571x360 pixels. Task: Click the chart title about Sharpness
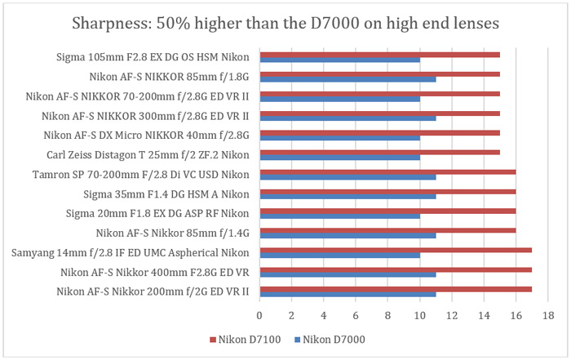(285, 23)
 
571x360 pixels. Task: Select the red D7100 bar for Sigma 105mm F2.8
(379, 55)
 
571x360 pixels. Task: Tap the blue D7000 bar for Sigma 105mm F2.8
(339, 60)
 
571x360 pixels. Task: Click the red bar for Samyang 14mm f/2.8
(396, 250)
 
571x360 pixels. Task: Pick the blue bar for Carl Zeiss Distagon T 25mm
(339, 158)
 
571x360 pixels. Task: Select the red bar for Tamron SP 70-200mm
(387, 172)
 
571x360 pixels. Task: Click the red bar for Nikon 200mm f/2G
(396, 289)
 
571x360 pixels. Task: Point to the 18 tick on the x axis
(547, 314)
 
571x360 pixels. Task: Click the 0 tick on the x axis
(259, 314)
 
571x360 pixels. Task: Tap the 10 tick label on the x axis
(419, 314)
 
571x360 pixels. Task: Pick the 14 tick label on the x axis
(484, 314)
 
